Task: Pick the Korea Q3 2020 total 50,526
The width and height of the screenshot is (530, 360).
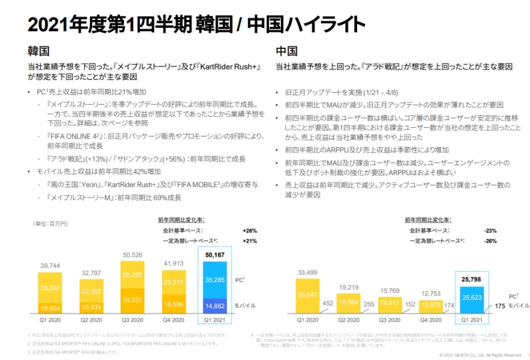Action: coord(137,255)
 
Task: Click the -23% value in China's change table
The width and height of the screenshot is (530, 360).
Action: coord(490,230)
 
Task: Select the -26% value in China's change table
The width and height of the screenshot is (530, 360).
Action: coord(490,241)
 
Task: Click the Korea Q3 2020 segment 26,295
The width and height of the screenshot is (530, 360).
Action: coord(137,273)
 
